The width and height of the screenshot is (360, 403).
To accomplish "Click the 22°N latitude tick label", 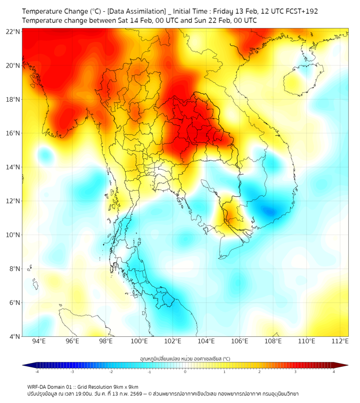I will (x=13, y=31).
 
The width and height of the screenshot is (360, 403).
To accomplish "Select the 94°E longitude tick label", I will (x=39, y=341).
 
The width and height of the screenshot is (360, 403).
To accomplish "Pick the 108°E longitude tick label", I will (x=273, y=341).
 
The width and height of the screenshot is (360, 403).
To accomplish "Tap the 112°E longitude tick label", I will (x=340, y=341).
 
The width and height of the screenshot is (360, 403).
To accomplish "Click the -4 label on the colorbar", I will (x=36, y=372).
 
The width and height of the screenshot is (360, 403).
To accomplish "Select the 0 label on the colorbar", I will (x=185, y=372).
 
